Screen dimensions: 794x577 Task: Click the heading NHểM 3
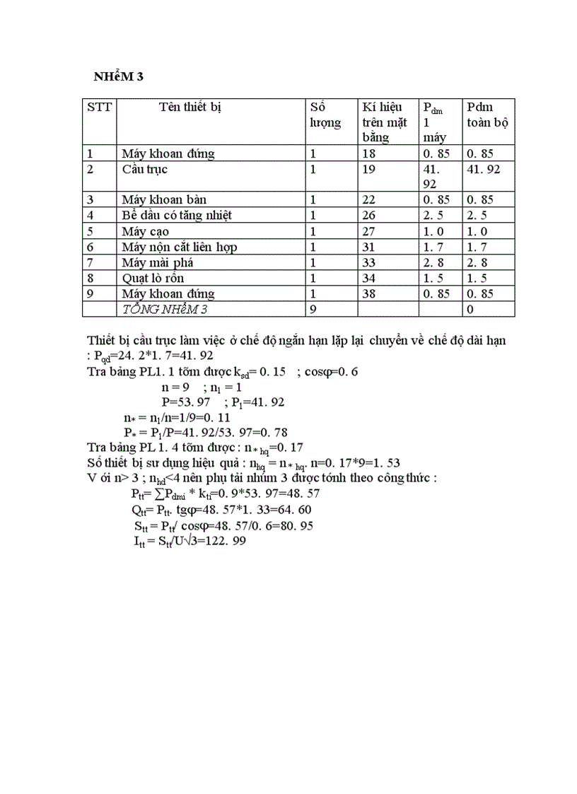[120, 77]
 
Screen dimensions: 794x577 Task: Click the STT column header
[100, 107]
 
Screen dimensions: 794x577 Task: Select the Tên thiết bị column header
[190, 107]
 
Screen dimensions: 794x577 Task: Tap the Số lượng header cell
[325, 115]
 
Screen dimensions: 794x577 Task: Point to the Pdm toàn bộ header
[488, 115]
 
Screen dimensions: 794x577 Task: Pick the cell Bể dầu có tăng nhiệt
[176, 216]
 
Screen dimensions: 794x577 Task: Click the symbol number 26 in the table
[369, 216]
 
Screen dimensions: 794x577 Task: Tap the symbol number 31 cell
[369, 247]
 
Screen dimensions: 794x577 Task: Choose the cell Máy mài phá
[157, 262]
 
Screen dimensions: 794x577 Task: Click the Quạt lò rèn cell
[156, 278]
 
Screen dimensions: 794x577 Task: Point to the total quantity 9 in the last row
[315, 309]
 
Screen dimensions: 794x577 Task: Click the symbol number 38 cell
[369, 293]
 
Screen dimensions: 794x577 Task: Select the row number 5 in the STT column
[90, 231]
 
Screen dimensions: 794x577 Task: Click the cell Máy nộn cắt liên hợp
[178, 247]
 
